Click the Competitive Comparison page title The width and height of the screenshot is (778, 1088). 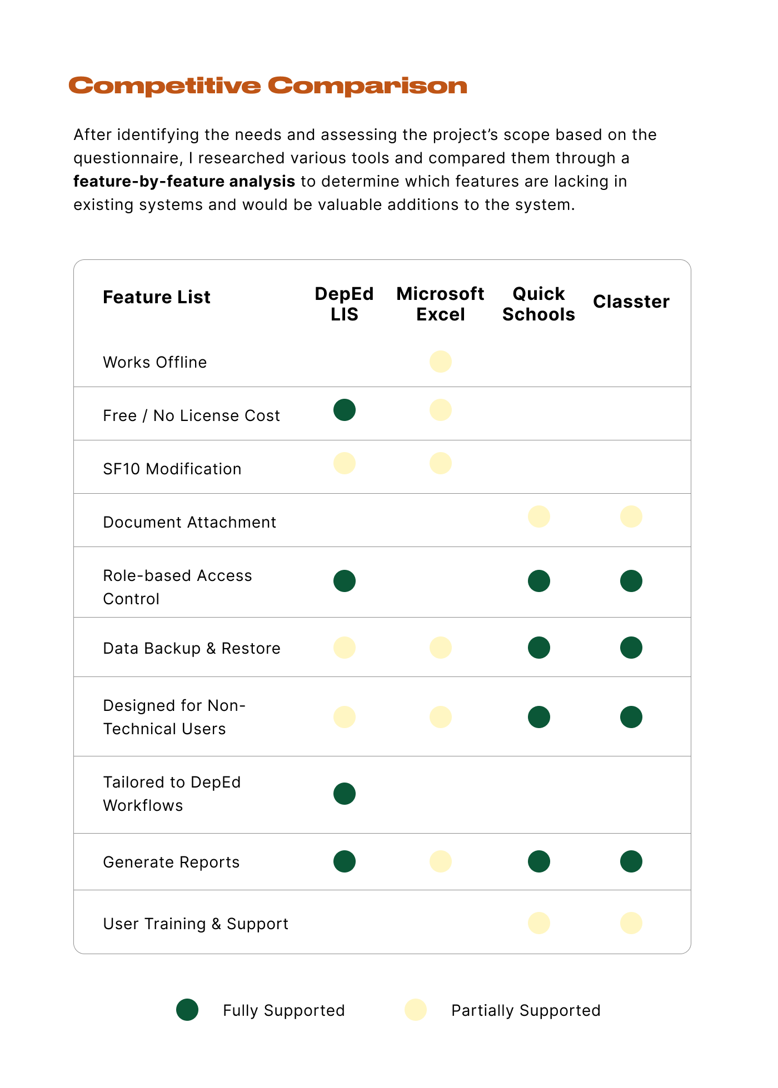267,86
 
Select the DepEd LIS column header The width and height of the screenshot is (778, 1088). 344,304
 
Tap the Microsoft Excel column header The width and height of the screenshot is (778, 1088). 440,304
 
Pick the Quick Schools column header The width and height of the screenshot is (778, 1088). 538,304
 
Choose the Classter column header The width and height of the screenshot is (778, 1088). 631,302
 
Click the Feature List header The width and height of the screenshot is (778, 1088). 157,297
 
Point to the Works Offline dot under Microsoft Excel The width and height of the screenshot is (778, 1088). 441,362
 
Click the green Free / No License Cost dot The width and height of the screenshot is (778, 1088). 345,410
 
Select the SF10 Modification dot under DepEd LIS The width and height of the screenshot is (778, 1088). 345,463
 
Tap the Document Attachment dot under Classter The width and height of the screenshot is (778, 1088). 631,517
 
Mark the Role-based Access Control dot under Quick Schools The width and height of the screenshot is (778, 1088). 539,581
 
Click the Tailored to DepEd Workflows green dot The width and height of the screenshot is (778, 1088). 345,794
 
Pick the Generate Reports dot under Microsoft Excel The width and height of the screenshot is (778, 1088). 441,861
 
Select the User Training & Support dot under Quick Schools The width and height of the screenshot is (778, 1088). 539,923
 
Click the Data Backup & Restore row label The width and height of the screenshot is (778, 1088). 192,648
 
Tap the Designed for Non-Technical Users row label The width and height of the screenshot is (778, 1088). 174,717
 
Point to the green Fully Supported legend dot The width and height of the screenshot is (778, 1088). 187,1010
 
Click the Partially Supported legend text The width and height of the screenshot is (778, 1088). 526,1010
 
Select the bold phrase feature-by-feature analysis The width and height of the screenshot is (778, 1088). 184,182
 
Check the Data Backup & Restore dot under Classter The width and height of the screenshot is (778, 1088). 631,648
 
